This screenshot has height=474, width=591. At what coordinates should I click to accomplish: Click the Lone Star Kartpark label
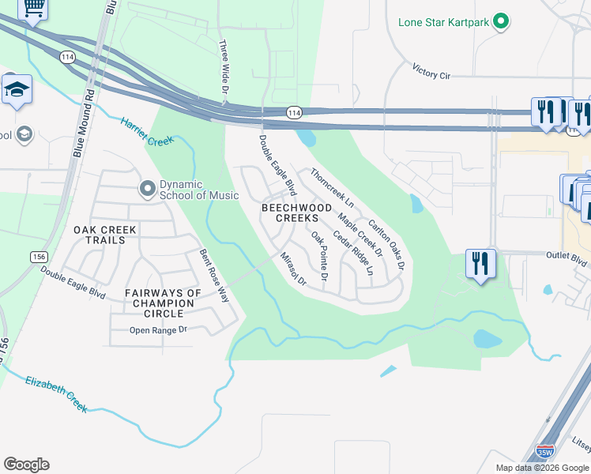[x=444, y=21]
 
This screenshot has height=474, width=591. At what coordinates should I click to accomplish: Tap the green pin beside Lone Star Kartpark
[x=500, y=21]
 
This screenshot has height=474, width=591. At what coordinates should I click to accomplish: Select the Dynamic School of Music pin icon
[x=147, y=189]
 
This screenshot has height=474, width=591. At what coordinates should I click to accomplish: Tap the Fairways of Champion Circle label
[x=163, y=302]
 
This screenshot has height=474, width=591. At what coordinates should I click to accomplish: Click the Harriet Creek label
[x=146, y=132]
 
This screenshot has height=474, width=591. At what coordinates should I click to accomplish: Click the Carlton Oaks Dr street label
[x=386, y=244]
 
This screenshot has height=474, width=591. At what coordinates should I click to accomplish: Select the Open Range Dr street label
[x=158, y=330]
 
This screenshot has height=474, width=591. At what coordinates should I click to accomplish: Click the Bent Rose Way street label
[x=213, y=276]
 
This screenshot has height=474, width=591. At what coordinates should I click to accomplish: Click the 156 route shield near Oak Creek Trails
[x=38, y=257]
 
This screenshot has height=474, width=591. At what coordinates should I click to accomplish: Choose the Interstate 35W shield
[x=544, y=452]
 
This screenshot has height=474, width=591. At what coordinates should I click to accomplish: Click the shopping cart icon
[x=33, y=7]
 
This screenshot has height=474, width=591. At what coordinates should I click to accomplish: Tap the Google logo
[x=26, y=465]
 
